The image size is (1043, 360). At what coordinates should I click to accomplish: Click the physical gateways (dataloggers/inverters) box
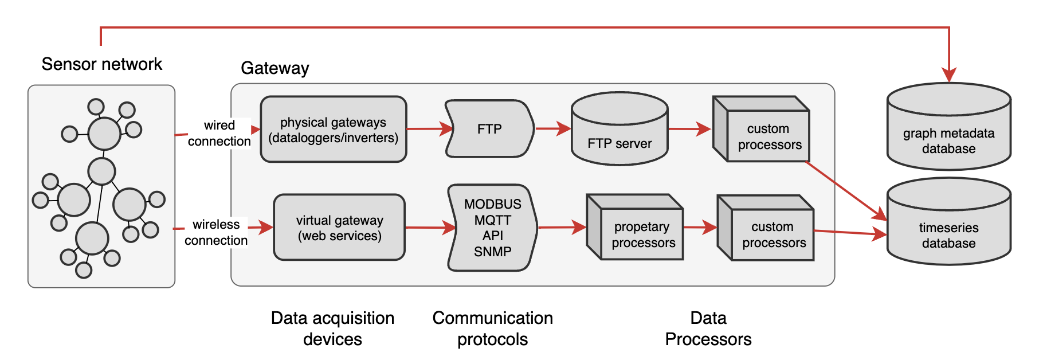click(333, 130)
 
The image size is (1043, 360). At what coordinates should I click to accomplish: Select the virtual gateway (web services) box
click(339, 228)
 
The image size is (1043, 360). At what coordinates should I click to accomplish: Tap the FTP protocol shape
click(489, 129)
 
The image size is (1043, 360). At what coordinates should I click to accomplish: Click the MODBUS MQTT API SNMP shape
click(492, 228)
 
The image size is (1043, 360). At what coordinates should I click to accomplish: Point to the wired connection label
click(219, 133)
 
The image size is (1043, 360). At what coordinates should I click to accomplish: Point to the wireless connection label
click(216, 232)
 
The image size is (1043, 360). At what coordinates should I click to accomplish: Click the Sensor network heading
click(102, 64)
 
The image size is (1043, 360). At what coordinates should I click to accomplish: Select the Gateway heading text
click(275, 68)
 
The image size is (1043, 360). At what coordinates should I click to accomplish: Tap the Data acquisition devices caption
click(332, 328)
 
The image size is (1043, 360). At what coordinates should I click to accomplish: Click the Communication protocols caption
click(492, 328)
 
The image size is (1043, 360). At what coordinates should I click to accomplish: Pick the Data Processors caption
click(708, 328)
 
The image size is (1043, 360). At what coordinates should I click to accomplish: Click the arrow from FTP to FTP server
click(552, 129)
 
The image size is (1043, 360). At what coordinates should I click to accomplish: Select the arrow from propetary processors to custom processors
click(700, 228)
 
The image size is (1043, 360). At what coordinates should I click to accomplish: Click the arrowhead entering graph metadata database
click(949, 75)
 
